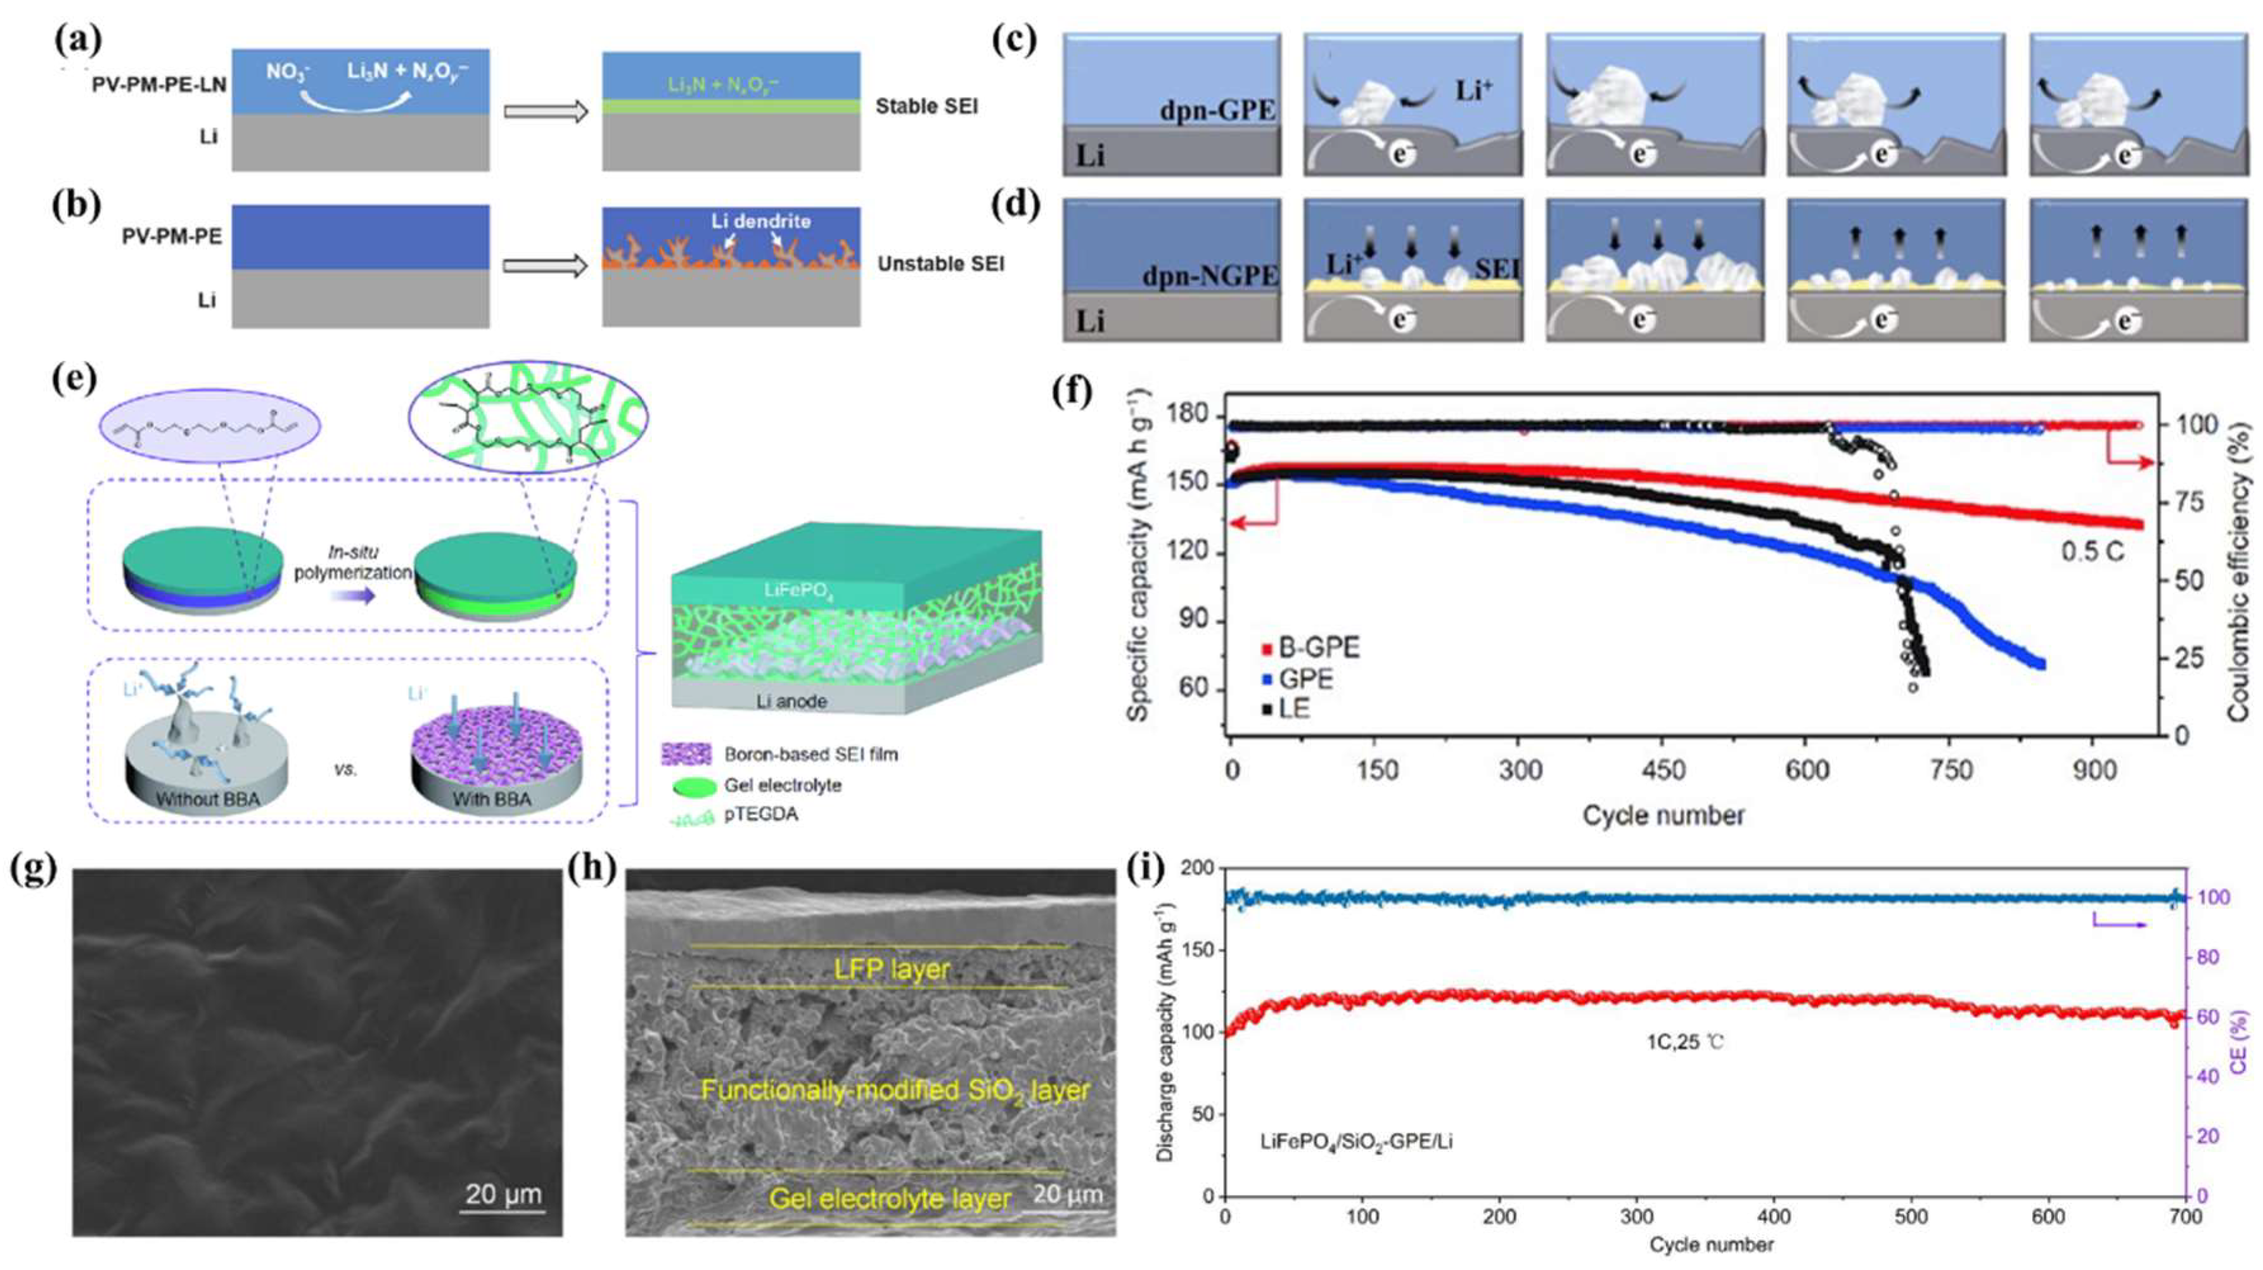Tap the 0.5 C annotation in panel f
[x=2093, y=551]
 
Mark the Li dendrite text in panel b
[x=748, y=221]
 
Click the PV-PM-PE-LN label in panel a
[x=159, y=85]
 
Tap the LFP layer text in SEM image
[x=892, y=969]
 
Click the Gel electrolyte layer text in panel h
[x=889, y=1199]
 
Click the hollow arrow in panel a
[x=544, y=112]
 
